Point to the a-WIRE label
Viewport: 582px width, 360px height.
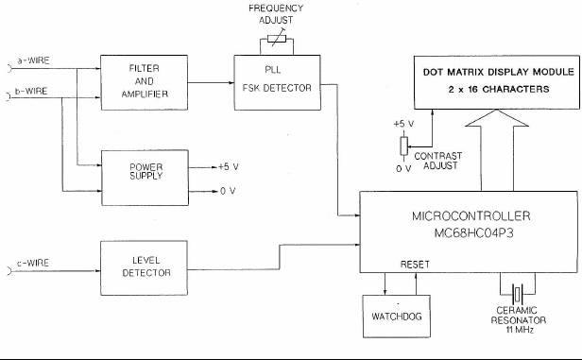click(x=33, y=60)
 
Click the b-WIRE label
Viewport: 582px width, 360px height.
click(x=31, y=91)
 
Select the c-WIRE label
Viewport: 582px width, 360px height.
click(x=33, y=263)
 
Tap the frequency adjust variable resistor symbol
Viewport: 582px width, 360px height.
click(x=277, y=39)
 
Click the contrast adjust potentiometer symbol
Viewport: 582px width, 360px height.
click(x=403, y=146)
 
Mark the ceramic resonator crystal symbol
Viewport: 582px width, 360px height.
click(x=518, y=294)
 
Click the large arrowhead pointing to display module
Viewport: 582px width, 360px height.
click(x=497, y=118)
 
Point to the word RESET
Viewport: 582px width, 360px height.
click(x=415, y=265)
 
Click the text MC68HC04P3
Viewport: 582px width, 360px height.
click(x=473, y=233)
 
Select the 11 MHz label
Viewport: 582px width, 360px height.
click(x=519, y=330)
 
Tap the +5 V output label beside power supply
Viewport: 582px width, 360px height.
click(x=229, y=167)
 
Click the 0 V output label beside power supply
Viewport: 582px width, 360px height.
click(x=228, y=191)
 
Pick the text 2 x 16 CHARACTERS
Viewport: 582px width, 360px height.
click(x=499, y=89)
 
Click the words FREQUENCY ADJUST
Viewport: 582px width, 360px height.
click(x=276, y=14)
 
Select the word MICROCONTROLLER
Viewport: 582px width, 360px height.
click(x=471, y=216)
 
